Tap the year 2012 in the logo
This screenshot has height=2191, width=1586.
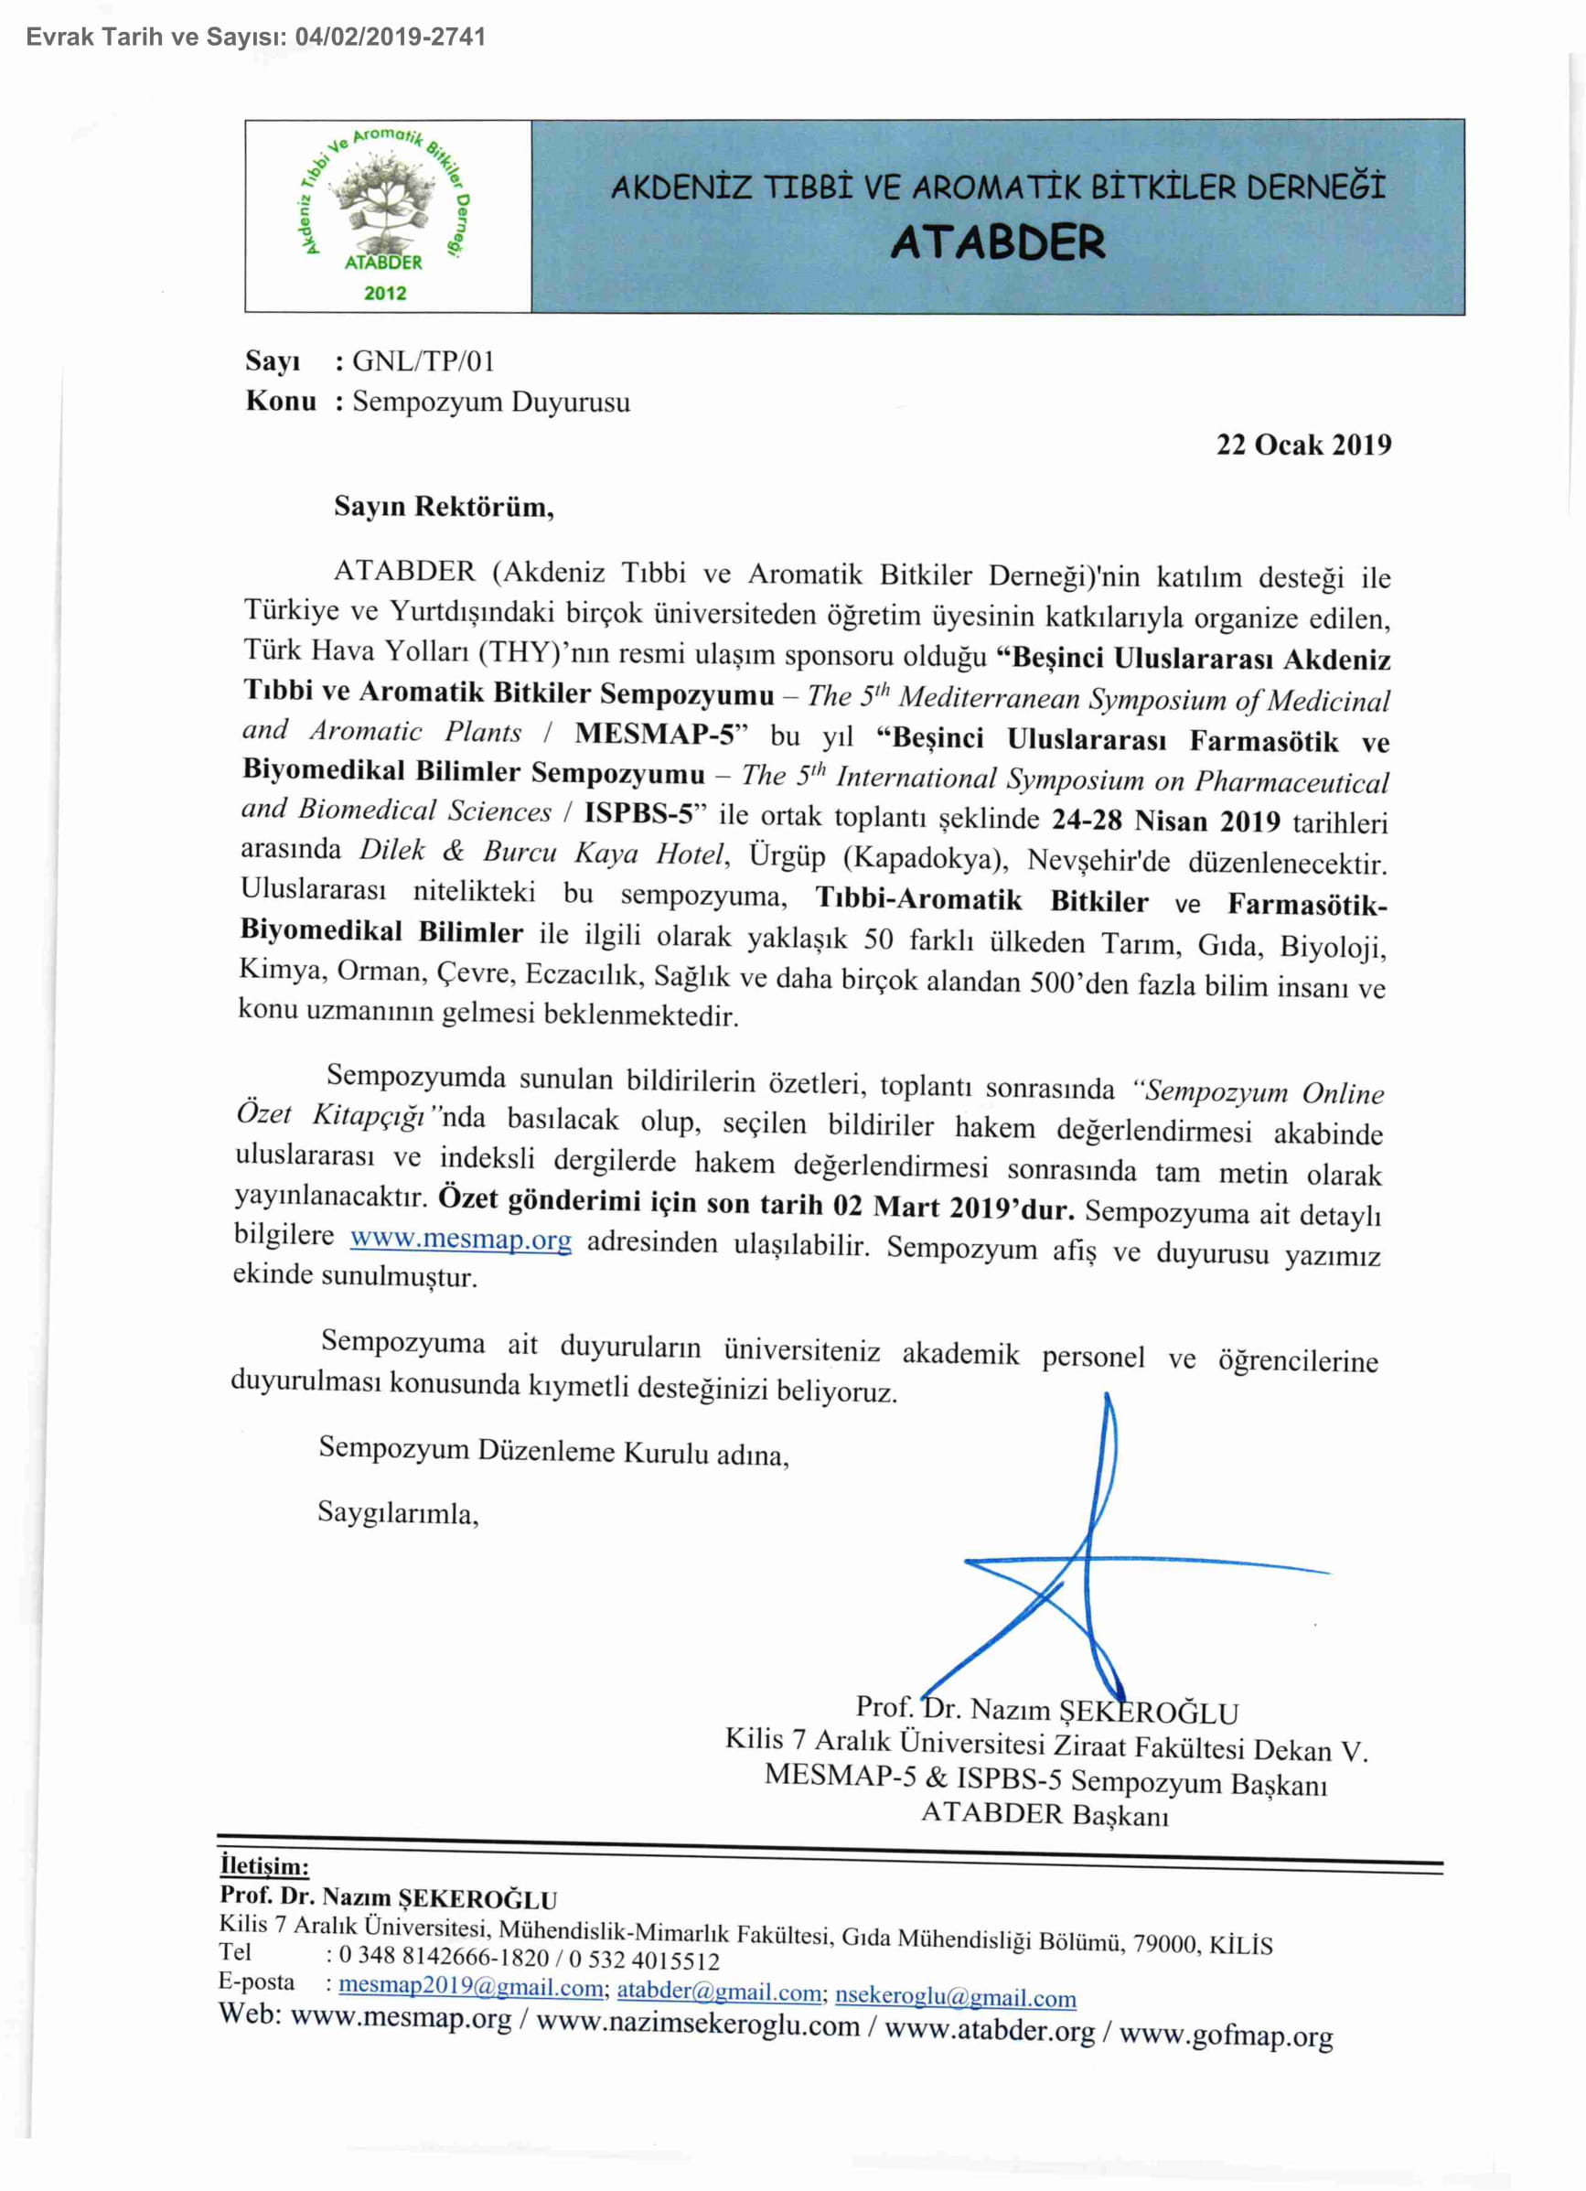(384, 293)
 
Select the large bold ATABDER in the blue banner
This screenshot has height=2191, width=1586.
(997, 242)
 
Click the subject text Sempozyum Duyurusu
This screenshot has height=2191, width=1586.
(490, 402)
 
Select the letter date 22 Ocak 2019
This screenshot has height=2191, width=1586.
(1303, 445)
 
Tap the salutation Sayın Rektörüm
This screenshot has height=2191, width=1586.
(444, 506)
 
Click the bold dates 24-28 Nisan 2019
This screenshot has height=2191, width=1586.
(1165, 822)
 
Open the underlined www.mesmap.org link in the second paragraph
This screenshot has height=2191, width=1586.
(461, 1239)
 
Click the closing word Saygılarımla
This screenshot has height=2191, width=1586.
(398, 1513)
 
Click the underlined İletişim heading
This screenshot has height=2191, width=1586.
(263, 1865)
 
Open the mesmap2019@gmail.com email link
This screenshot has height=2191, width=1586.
(470, 1987)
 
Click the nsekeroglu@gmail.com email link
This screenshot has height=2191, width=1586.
(955, 1997)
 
